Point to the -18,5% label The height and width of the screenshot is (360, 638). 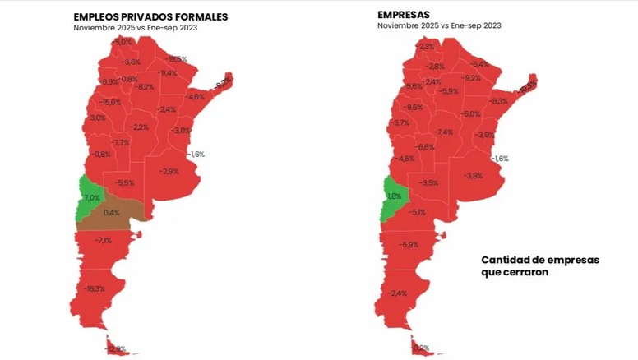pyautogui.click(x=176, y=59)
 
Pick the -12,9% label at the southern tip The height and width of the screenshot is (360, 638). pyautogui.click(x=116, y=349)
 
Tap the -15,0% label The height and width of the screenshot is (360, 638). pyautogui.click(x=110, y=102)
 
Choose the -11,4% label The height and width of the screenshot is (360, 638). pyautogui.click(x=168, y=73)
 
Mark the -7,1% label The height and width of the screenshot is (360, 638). pyautogui.click(x=104, y=240)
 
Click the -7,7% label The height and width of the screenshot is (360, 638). pyautogui.click(x=121, y=142)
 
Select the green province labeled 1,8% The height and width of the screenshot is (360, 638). pyautogui.click(x=393, y=196)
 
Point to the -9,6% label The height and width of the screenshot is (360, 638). pyautogui.click(x=414, y=107)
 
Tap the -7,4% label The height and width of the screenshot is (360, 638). pyautogui.click(x=445, y=132)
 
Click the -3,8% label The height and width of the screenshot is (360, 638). pyautogui.click(x=473, y=176)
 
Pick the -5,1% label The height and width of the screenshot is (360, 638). pyautogui.click(x=418, y=213)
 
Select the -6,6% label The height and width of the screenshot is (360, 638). pyautogui.click(x=426, y=146)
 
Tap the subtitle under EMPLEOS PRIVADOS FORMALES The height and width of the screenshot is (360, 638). pyautogui.click(x=135, y=28)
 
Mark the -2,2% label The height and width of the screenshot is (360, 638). pyautogui.click(x=140, y=127)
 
